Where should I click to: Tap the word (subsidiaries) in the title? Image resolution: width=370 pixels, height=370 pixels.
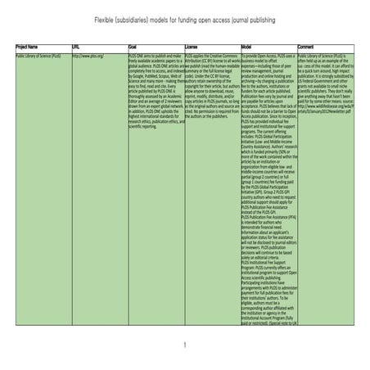(x=134, y=18)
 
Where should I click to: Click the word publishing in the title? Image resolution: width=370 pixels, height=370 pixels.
(x=281, y=18)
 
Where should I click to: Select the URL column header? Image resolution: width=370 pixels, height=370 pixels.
(x=77, y=47)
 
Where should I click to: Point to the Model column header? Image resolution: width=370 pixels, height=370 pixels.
(x=247, y=47)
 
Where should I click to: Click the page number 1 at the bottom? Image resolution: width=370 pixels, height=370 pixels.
(x=185, y=345)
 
